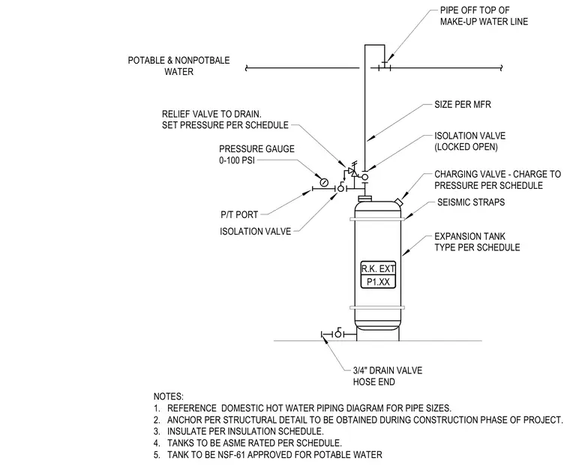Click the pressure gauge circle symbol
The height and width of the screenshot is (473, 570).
coord(324,181)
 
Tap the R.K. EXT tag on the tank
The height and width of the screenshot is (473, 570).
coord(378,269)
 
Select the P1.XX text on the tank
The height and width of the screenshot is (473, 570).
coord(378,282)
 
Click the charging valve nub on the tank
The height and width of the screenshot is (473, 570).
coord(398,202)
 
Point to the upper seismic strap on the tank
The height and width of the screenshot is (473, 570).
coord(377,219)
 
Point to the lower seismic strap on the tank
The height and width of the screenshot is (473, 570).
coord(377,307)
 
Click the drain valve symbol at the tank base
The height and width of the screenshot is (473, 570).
coord(338,333)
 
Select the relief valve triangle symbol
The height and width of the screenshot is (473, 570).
coord(352,171)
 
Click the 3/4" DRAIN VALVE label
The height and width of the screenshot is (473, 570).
coord(388,370)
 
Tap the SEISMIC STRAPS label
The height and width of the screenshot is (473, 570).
coord(471,202)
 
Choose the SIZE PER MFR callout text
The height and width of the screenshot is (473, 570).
coord(463,105)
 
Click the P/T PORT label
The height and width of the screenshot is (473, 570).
coord(239,214)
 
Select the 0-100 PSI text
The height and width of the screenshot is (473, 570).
coord(237,160)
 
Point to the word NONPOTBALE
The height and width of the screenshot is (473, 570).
coord(202,60)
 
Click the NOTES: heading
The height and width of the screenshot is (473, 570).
coord(168,397)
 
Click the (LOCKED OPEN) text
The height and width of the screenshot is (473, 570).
coord(466,147)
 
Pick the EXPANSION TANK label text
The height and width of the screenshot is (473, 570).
coord(469,237)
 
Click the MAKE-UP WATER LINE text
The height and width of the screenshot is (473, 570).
coord(484,22)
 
